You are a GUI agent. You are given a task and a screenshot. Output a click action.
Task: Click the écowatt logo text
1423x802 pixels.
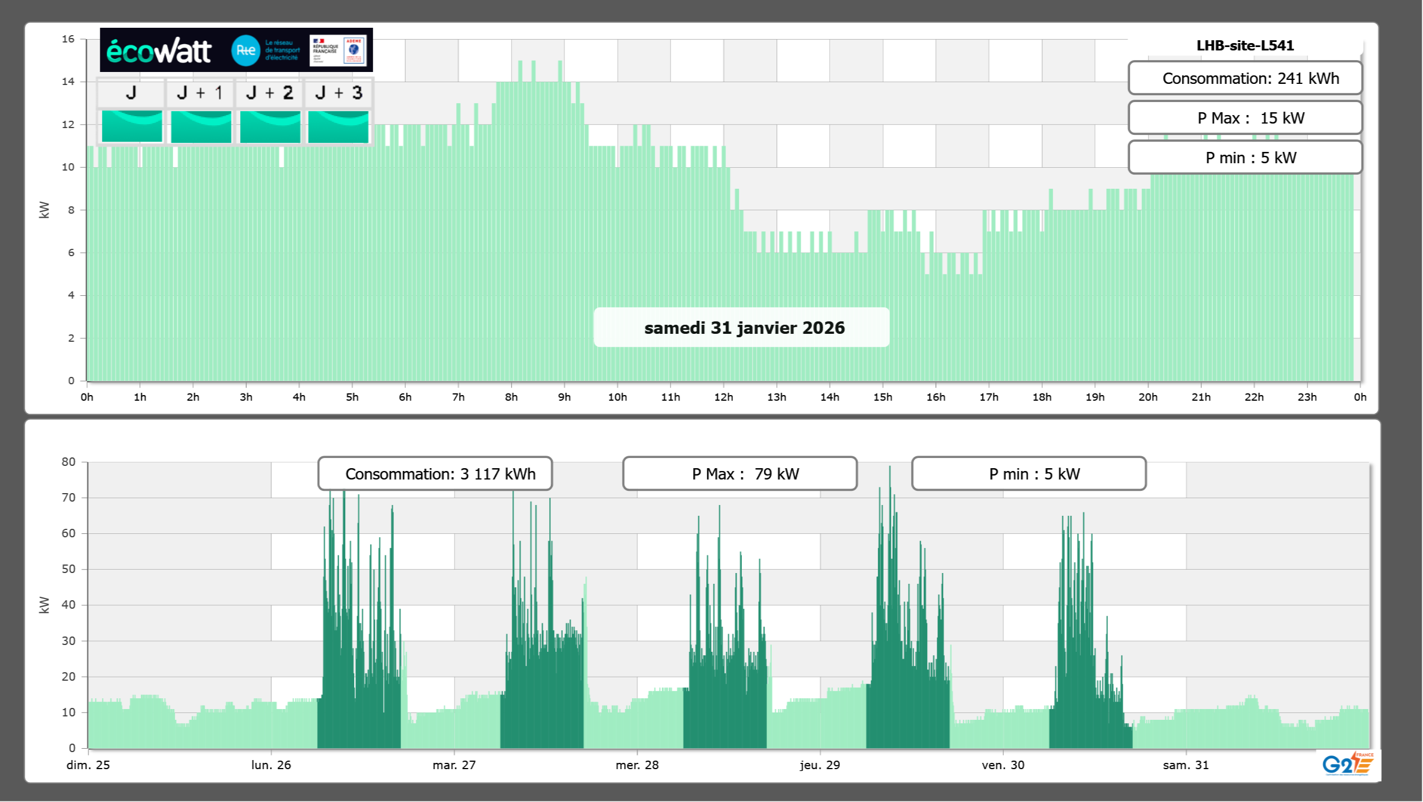click(159, 51)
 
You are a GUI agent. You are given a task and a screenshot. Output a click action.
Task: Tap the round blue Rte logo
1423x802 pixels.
click(245, 50)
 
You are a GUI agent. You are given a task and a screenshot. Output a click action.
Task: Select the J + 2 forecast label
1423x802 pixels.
click(270, 93)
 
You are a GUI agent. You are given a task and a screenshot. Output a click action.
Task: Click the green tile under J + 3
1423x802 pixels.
click(338, 126)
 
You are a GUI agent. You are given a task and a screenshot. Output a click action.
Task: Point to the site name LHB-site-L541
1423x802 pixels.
click(1245, 46)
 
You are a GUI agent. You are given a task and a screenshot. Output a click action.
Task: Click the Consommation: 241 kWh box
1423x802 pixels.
click(1245, 78)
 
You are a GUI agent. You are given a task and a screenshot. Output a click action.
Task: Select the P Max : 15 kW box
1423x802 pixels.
click(1245, 118)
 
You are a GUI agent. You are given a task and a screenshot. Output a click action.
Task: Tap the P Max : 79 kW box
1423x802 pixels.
click(740, 474)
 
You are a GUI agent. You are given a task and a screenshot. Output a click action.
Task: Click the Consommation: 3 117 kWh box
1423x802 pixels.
click(435, 474)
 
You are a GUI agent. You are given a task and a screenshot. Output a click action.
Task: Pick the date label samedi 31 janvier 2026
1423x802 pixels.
click(744, 328)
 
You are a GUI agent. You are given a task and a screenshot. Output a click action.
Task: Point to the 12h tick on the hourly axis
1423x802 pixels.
click(724, 397)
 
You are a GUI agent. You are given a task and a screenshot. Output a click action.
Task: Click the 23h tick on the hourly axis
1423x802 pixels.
click(1307, 397)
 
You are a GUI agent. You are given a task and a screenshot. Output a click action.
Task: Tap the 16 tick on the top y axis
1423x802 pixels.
click(68, 39)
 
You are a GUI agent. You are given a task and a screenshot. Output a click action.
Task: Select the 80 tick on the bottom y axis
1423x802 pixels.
click(68, 462)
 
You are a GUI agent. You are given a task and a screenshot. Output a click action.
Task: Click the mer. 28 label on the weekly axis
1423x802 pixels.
click(637, 765)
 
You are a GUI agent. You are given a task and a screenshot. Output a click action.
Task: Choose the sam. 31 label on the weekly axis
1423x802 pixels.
click(1186, 765)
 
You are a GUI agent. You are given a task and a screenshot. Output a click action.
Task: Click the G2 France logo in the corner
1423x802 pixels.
click(1348, 765)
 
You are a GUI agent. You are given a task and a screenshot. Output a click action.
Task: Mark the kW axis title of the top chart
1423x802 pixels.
click(44, 210)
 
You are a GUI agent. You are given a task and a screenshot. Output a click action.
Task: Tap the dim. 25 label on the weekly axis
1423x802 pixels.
click(88, 765)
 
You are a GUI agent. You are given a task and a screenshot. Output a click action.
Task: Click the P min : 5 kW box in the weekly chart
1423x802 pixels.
click(1029, 474)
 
